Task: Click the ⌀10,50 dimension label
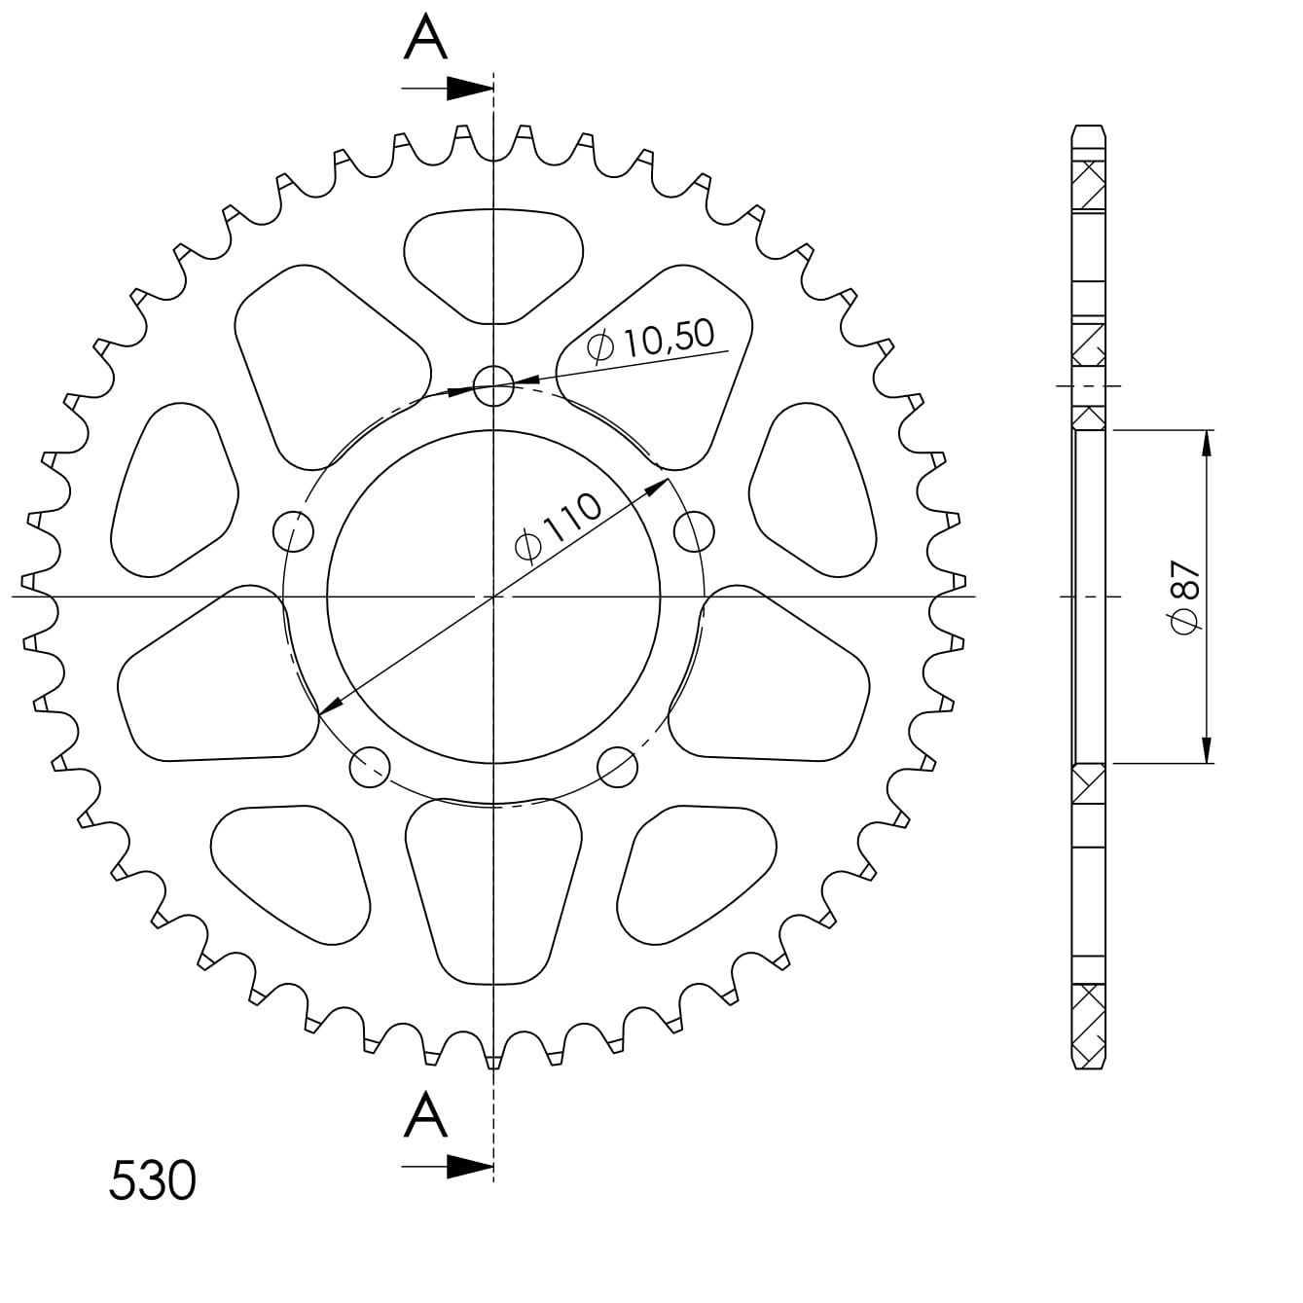pyautogui.click(x=650, y=343)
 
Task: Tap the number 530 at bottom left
pyautogui.click(x=153, y=1180)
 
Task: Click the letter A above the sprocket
pyautogui.click(x=425, y=37)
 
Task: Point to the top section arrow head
pyautogui.click(x=470, y=89)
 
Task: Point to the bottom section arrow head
pyautogui.click(x=470, y=1167)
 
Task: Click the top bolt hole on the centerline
pyautogui.click(x=493, y=385)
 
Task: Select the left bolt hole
pyautogui.click(x=294, y=531)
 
